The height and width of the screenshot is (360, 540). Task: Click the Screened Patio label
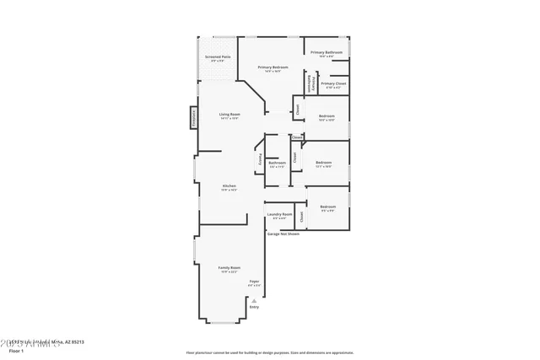click(x=218, y=57)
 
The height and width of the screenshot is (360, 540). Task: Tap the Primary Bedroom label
click(x=273, y=67)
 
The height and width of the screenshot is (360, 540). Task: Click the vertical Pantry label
click(x=260, y=159)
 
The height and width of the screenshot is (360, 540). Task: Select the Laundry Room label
click(x=278, y=215)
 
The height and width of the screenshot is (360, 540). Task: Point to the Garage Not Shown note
click(x=283, y=234)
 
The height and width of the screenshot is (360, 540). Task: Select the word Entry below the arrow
click(x=254, y=307)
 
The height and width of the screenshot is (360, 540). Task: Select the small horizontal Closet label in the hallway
click(x=297, y=137)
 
